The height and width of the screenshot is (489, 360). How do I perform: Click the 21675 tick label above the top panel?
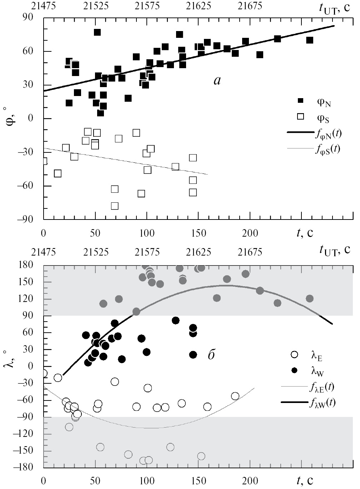[250, 6]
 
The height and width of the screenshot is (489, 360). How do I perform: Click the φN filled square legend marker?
[301, 101]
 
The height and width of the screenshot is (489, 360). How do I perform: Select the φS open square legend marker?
[301, 116]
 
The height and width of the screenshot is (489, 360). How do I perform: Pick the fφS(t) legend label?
[327, 148]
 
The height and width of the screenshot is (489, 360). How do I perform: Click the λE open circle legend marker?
[295, 355]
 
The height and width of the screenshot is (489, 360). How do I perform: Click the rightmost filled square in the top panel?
[310, 40]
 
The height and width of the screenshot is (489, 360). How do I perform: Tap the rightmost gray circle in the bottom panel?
[310, 298]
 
